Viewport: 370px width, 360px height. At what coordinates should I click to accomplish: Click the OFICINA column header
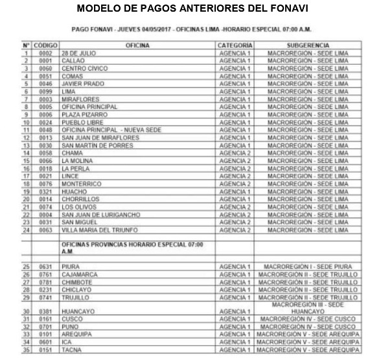(137, 45)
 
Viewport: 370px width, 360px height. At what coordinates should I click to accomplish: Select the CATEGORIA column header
(235, 45)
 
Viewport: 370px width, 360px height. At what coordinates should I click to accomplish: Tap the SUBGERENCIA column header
(307, 45)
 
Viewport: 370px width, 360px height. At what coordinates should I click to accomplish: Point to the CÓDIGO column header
(46, 45)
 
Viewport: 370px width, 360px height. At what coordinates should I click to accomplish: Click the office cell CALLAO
(73, 61)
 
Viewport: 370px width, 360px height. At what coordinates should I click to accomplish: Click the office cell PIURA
(71, 267)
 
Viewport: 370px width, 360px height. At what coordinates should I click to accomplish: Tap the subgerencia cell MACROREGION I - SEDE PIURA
(307, 267)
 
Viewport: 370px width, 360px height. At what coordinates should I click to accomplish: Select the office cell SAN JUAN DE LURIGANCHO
(98, 214)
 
